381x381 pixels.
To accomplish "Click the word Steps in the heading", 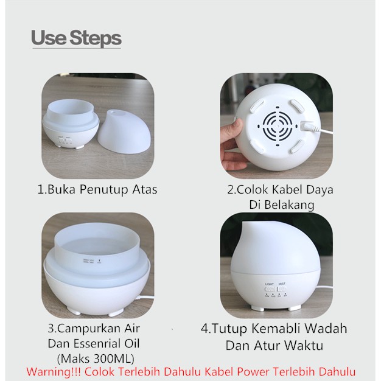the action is [x=96, y=38].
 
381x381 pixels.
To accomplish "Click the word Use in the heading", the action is [x=49, y=38].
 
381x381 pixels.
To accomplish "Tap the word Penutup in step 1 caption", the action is [x=104, y=190].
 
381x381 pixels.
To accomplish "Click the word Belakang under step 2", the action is [x=289, y=204].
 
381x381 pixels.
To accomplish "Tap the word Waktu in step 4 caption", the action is [x=304, y=345].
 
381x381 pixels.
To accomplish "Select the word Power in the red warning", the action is [x=253, y=372].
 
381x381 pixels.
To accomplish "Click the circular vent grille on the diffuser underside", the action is [x=278, y=127].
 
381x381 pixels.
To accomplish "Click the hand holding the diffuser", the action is [x=230, y=144].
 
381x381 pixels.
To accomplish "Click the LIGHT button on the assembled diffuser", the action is [x=270, y=289].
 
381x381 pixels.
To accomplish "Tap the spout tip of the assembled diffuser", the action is [x=245, y=224].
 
